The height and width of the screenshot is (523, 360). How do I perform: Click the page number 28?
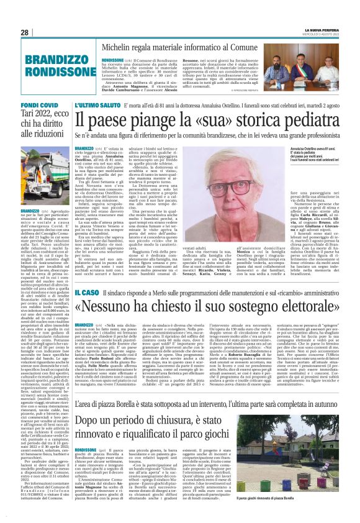[x=24, y=32]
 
